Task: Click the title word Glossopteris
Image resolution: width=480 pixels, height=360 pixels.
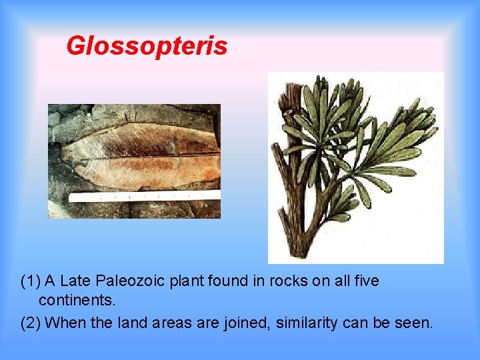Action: click(147, 46)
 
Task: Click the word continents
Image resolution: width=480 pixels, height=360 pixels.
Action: click(77, 301)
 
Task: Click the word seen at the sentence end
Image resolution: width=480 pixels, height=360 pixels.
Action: click(416, 323)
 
